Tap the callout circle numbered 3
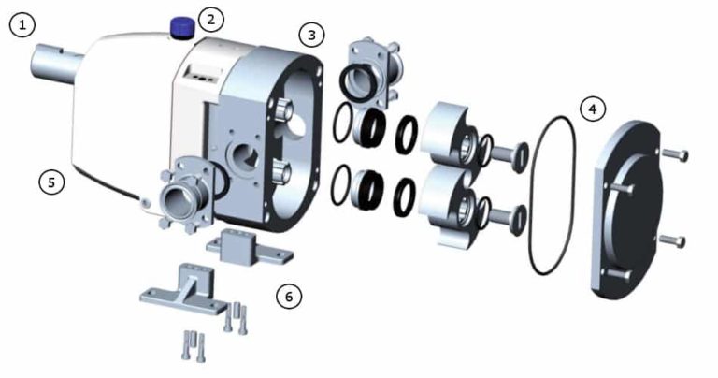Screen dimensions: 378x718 (x=312, y=36)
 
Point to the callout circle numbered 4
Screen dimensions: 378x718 (x=591, y=109)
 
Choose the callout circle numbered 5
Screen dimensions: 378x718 (x=52, y=182)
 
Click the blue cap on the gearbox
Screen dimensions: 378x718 (x=181, y=25)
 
